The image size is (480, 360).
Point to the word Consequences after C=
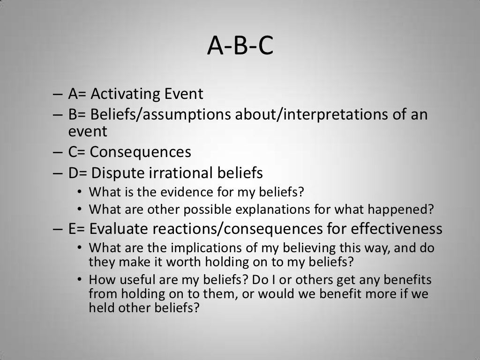pos(140,152)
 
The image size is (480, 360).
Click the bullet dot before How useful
pos(80,280)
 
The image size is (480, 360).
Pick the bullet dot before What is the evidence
pos(80,192)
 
